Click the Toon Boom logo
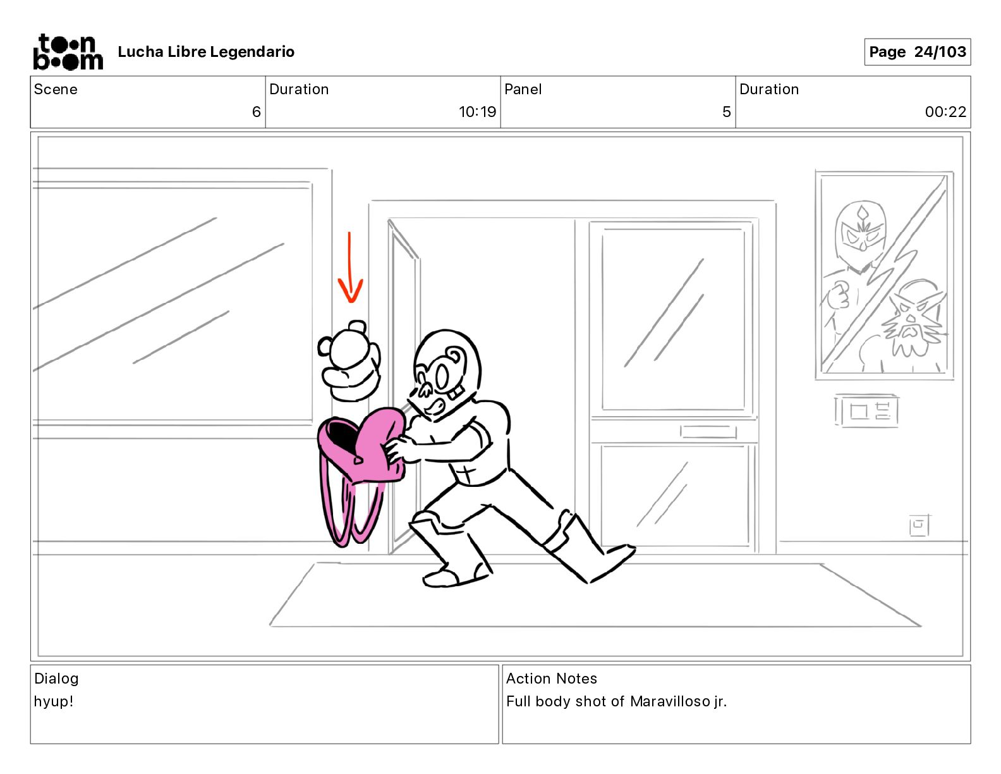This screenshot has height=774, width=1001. pyautogui.click(x=68, y=52)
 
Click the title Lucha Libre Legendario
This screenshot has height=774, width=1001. pyautogui.click(x=206, y=52)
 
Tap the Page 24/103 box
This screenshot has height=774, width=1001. pyautogui.click(x=917, y=52)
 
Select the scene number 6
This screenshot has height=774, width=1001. pyautogui.click(x=256, y=111)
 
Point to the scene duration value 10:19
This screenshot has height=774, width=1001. pyautogui.click(x=477, y=111)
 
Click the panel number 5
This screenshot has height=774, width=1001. pyautogui.click(x=727, y=111)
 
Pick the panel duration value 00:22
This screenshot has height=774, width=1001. pyautogui.click(x=945, y=111)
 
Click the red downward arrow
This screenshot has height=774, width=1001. pyautogui.click(x=349, y=267)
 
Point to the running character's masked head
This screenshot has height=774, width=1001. pyautogui.click(x=444, y=372)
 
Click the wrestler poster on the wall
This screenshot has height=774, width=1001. pyautogui.click(x=884, y=275)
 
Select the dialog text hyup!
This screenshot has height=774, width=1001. pyautogui.click(x=54, y=701)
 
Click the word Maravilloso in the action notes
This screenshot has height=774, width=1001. pyautogui.click(x=670, y=701)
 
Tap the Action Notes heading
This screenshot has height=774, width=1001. pyautogui.click(x=552, y=679)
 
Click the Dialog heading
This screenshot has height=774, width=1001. pyautogui.click(x=56, y=679)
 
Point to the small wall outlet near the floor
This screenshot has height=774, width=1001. pyautogui.click(x=919, y=525)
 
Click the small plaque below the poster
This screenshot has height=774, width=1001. pyautogui.click(x=866, y=411)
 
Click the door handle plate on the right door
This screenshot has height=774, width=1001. pyautogui.click(x=708, y=432)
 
